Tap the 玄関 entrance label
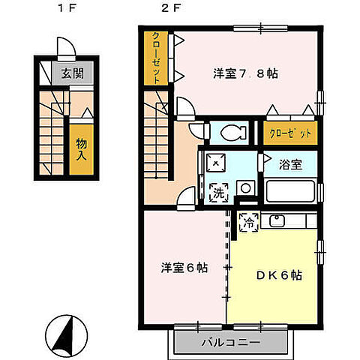(72, 73)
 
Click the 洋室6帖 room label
(184, 267)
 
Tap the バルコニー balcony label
(232, 343)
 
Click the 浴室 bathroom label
(293, 164)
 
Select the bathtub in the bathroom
(289, 190)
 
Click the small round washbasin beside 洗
(244, 187)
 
